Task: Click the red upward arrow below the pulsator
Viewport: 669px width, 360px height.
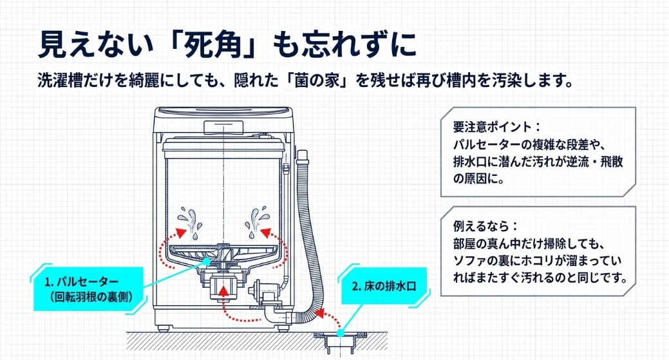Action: point(223,293)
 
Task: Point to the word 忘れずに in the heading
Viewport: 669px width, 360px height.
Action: point(367,44)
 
